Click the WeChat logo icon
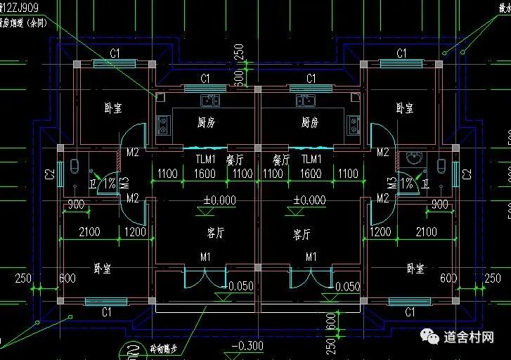click(429, 338)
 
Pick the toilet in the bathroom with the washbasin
click(442, 167)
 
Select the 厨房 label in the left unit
click(206, 122)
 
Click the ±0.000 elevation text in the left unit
click(219, 200)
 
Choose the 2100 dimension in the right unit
click(427, 231)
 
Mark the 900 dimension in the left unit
click(76, 205)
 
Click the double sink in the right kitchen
click(309, 100)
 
